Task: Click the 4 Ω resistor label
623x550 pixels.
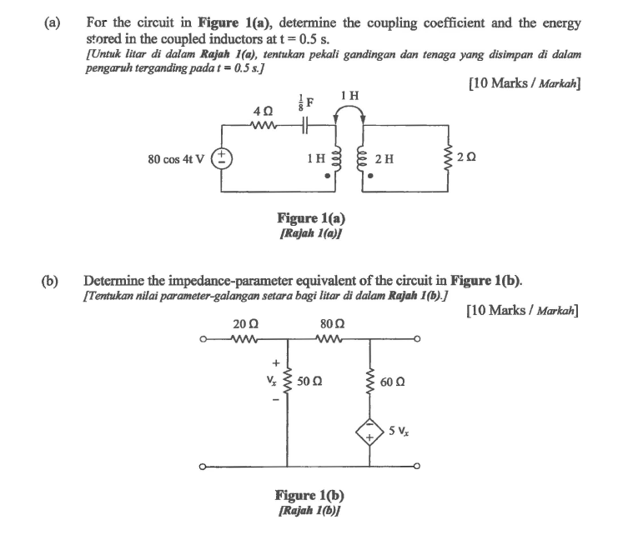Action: pyautogui.click(x=260, y=111)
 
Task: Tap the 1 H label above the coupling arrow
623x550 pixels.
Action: pyautogui.click(x=350, y=96)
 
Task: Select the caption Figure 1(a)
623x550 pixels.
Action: pyautogui.click(x=310, y=218)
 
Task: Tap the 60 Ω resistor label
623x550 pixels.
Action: pyautogui.click(x=394, y=382)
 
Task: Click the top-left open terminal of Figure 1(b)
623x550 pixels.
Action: pyautogui.click(x=203, y=339)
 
